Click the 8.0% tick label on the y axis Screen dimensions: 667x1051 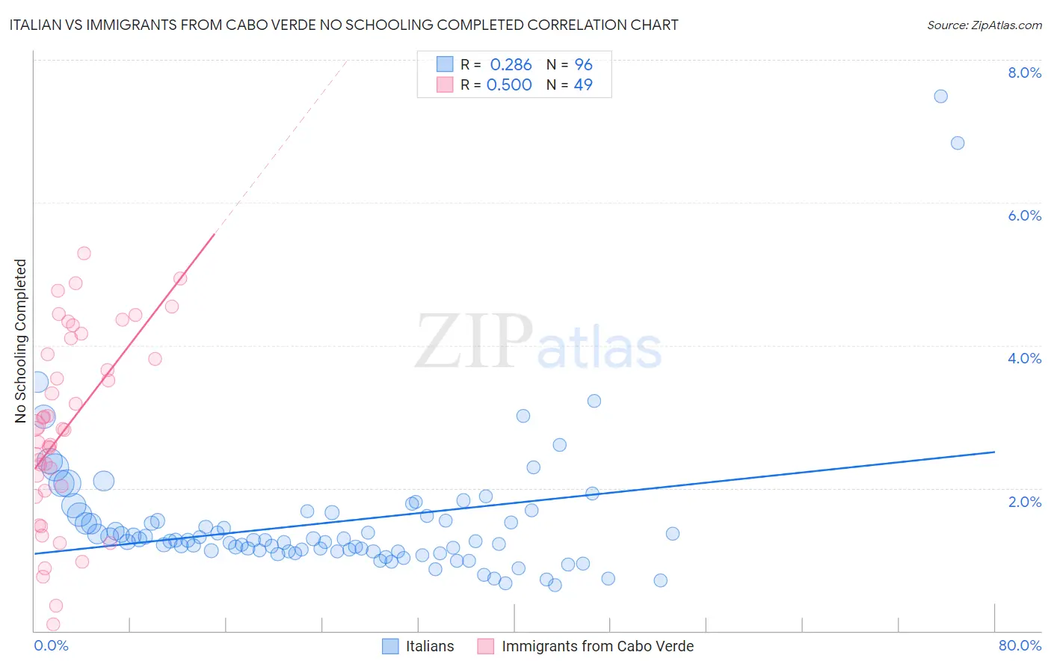pos(1024,73)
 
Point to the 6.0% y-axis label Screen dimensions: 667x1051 pos(1024,215)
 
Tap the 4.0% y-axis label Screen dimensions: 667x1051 pos(1024,358)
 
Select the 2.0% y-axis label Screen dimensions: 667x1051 pos(1024,502)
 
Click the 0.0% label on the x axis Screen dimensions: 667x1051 pos(51,645)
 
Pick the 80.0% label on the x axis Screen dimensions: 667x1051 pos(1020,645)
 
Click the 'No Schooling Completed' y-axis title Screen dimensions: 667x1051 pos(20,341)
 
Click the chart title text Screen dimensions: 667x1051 pos(344,25)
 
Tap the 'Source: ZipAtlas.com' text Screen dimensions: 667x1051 pos(984,25)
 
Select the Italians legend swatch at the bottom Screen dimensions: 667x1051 pos(390,646)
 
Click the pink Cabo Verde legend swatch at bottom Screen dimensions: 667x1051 pos(486,646)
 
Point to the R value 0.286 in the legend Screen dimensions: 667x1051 pos(511,65)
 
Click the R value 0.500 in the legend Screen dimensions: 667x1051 pos(509,85)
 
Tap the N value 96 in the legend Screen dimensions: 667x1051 pos(583,65)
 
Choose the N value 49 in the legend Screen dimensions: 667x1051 pos(583,85)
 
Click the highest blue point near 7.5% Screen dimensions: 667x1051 pos(940,96)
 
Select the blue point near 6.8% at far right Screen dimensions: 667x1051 pos(958,143)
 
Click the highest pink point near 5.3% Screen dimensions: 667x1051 pos(84,253)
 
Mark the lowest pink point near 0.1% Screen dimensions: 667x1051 pos(53,624)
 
